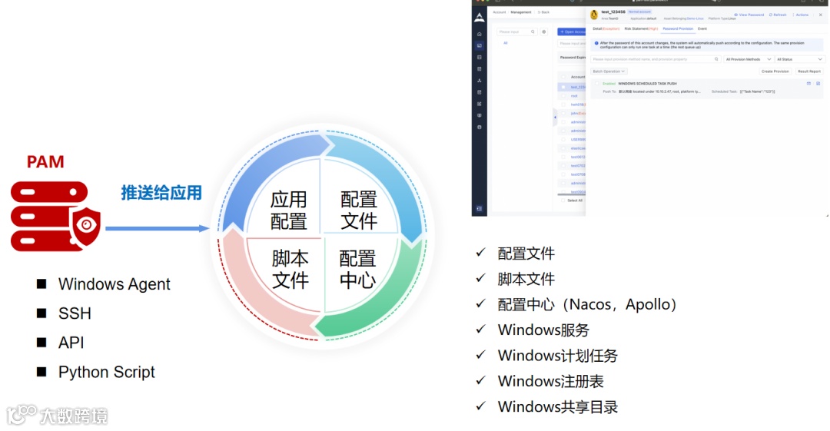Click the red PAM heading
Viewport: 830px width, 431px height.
[x=45, y=162]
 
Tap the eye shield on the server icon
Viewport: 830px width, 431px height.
[x=85, y=224]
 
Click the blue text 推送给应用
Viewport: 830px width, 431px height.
[x=161, y=193]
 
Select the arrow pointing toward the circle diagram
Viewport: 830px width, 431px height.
[x=157, y=228]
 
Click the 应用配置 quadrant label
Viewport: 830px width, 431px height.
[x=288, y=211]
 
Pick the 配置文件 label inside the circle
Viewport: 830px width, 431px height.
[x=358, y=211]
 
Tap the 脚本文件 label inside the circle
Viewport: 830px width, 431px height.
[x=290, y=269]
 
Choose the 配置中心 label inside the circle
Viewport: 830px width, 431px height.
[x=357, y=269]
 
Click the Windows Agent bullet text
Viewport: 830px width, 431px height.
[x=114, y=284]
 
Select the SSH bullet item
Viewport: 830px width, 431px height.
[x=75, y=313]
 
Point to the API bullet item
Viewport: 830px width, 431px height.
[x=71, y=343]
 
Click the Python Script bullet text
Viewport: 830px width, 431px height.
[x=106, y=372]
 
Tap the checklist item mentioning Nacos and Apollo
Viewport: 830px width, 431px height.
[x=587, y=304]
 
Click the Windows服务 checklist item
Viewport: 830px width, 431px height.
[x=543, y=330]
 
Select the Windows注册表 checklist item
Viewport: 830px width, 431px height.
[x=550, y=381]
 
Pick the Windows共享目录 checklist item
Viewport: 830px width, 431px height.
[x=557, y=407]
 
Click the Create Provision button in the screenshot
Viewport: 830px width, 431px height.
[x=775, y=71]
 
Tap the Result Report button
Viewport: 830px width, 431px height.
[x=808, y=71]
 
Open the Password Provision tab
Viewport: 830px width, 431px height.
[x=678, y=28]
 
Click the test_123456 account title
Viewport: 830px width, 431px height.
[x=613, y=12]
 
